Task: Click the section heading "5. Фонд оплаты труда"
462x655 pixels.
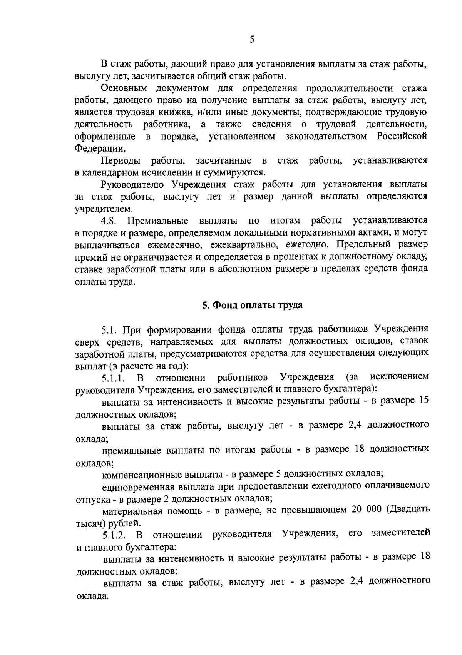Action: tap(253, 305)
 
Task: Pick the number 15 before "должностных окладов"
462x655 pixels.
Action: tap(423, 400)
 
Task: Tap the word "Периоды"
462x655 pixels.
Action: tap(121, 160)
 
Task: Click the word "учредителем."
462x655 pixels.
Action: tap(104, 209)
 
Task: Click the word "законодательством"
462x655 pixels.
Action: tap(326, 136)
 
